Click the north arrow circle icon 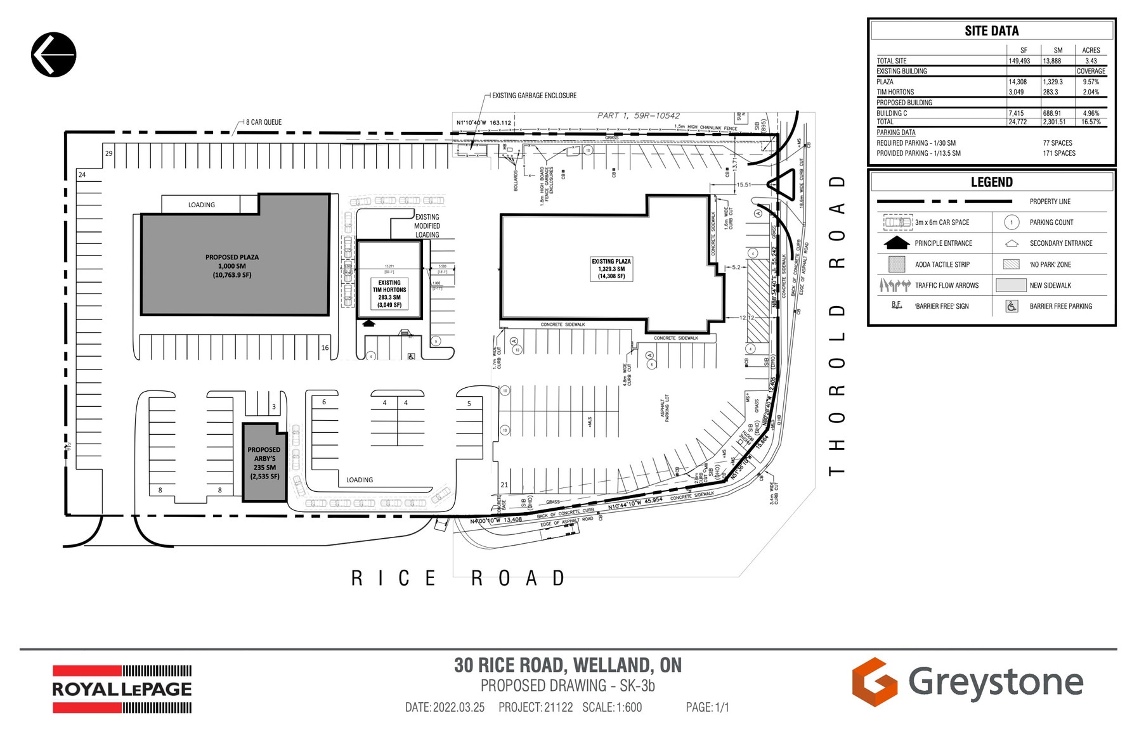pos(54,55)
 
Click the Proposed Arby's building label pos(264,463)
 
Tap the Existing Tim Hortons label pos(389,294)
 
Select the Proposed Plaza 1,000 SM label pos(232,266)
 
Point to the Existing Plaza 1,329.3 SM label pos(611,269)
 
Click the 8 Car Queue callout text pos(264,122)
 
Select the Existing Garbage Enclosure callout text pos(534,96)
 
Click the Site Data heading pos(991,31)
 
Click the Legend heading pos(991,183)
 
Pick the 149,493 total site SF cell pos(1019,61)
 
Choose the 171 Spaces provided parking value pos(1059,153)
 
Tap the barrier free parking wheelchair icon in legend pos(1012,306)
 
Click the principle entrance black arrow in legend pos(897,243)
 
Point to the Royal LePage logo pos(122,689)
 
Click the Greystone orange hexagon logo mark pos(874,682)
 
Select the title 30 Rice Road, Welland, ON pos(568,665)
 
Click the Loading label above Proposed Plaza pos(201,205)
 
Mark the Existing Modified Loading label pos(427,226)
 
